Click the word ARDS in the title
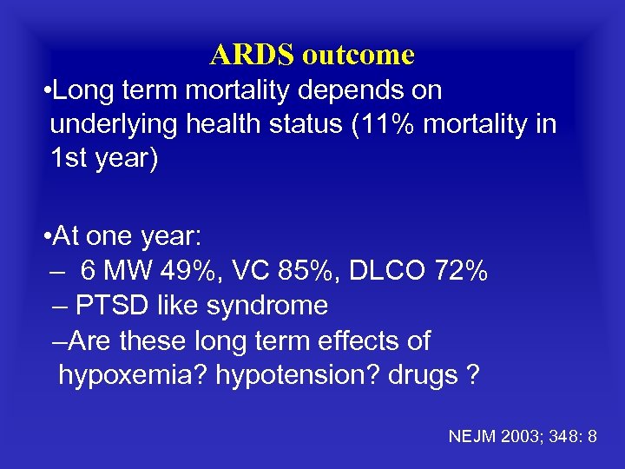click(252, 55)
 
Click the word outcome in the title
click(359, 55)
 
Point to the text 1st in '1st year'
click(68, 161)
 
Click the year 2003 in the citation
click(515, 436)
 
